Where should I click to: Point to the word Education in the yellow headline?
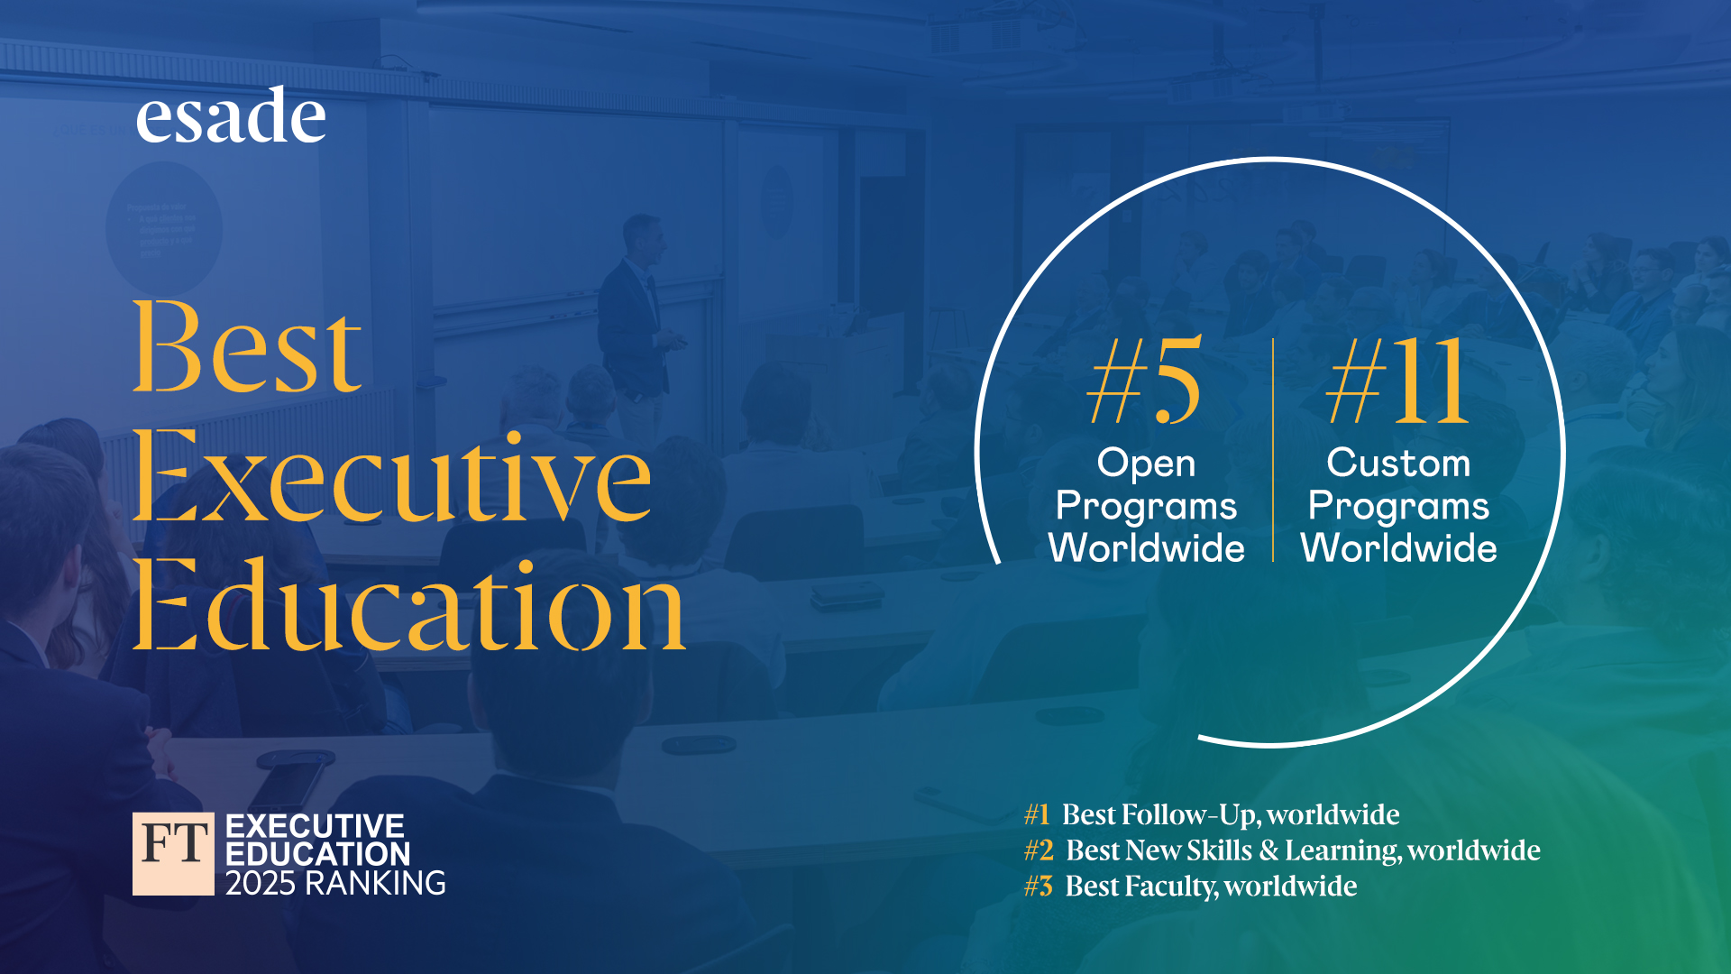click(x=409, y=604)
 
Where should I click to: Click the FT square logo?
click(x=173, y=853)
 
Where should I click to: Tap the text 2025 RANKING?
click(x=335, y=883)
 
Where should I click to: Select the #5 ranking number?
click(x=1145, y=380)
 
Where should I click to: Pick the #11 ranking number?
click(x=1398, y=380)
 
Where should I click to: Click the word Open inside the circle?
click(x=1146, y=464)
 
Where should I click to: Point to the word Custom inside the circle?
click(x=1398, y=463)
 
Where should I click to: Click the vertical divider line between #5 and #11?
click(x=1273, y=450)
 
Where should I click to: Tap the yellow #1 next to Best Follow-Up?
click(x=1037, y=814)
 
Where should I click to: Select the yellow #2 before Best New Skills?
click(x=1039, y=850)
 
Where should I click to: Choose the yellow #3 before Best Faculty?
click(x=1039, y=887)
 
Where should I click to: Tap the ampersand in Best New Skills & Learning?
click(x=1268, y=850)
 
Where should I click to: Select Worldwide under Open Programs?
click(x=1146, y=548)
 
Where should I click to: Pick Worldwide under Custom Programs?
click(x=1398, y=548)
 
